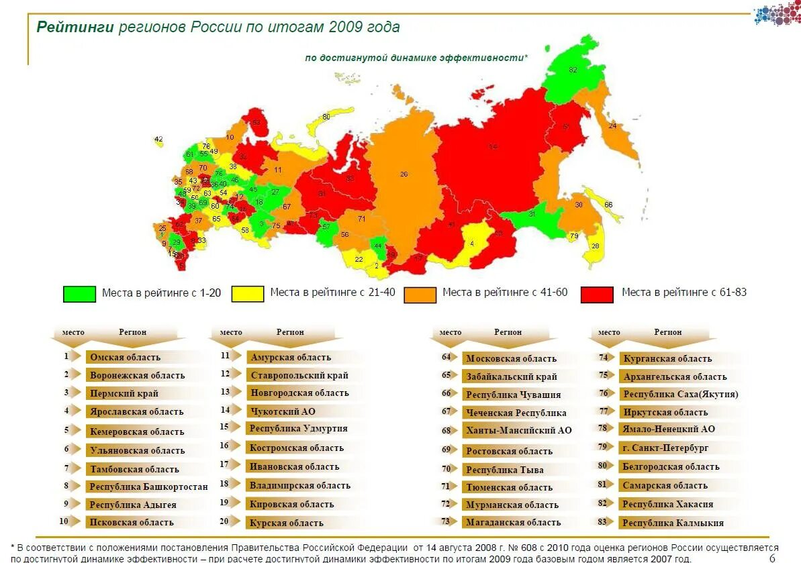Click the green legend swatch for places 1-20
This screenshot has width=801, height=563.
(79, 294)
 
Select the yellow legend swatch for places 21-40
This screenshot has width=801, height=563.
(248, 294)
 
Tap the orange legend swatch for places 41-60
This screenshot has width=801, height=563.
(420, 295)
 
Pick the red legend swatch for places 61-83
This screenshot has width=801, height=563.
(597, 295)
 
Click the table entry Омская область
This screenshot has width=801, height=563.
(125, 358)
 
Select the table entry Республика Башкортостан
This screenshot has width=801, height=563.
(148, 487)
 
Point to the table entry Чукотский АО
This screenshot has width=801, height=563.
(282, 411)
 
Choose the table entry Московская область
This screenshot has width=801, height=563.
(511, 358)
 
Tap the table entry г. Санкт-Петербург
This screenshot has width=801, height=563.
(665, 448)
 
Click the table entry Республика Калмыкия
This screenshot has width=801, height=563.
(673, 523)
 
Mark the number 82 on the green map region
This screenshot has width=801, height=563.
(573, 70)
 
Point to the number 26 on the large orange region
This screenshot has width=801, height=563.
(404, 174)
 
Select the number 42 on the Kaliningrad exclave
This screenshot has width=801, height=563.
(158, 140)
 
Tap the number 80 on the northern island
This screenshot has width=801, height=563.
(326, 117)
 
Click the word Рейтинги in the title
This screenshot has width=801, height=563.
(75, 28)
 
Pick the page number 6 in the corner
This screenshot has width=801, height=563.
(772, 558)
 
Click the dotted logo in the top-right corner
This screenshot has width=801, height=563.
(777, 14)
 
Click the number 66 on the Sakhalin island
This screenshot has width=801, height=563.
(608, 205)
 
